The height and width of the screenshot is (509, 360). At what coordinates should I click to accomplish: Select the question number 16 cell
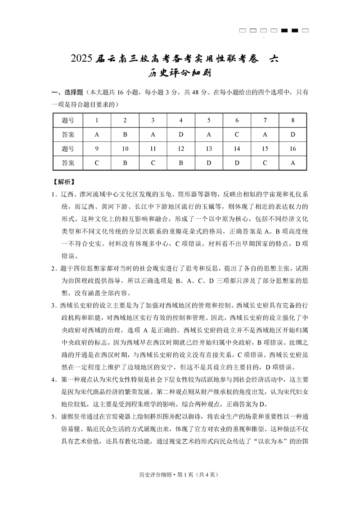pos(293,149)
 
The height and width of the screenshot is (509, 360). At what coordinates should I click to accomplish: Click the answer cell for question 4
pos(181,135)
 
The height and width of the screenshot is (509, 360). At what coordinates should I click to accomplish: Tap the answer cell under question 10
pos(125,163)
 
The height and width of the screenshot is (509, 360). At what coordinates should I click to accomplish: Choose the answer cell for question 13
pos(209,163)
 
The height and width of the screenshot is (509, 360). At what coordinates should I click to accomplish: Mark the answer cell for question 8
pos(293,135)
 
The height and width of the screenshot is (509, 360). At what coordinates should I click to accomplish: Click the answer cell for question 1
pos(97,135)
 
